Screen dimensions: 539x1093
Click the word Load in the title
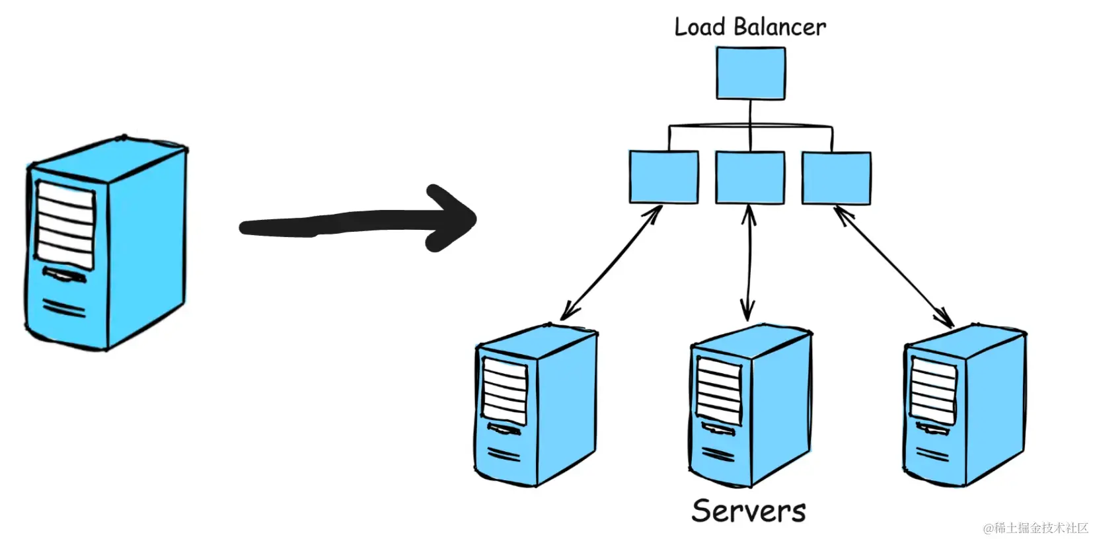pyautogui.click(x=699, y=27)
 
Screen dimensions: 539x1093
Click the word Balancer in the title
pyautogui.click(x=779, y=27)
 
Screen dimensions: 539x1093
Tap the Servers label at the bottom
pyautogui.click(x=748, y=511)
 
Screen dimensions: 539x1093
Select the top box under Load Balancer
pyautogui.click(x=751, y=73)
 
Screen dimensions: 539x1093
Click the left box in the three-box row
pyautogui.click(x=663, y=177)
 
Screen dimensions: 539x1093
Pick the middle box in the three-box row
pyautogui.click(x=750, y=177)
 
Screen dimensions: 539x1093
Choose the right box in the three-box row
pyautogui.click(x=836, y=177)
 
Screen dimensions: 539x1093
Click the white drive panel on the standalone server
pyautogui.click(x=65, y=224)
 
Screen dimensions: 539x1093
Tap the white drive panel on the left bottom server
pyautogui.click(x=505, y=391)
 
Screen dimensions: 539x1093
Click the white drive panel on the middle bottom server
pyautogui.click(x=718, y=390)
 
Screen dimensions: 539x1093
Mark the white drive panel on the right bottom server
pyautogui.click(x=932, y=390)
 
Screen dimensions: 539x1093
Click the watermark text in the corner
pyautogui.click(x=1035, y=528)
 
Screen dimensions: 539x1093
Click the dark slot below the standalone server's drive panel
pyautogui.click(x=63, y=275)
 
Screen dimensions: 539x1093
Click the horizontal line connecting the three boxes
pyautogui.click(x=750, y=126)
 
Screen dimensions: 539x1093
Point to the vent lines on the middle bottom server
pyautogui.click(x=718, y=454)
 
